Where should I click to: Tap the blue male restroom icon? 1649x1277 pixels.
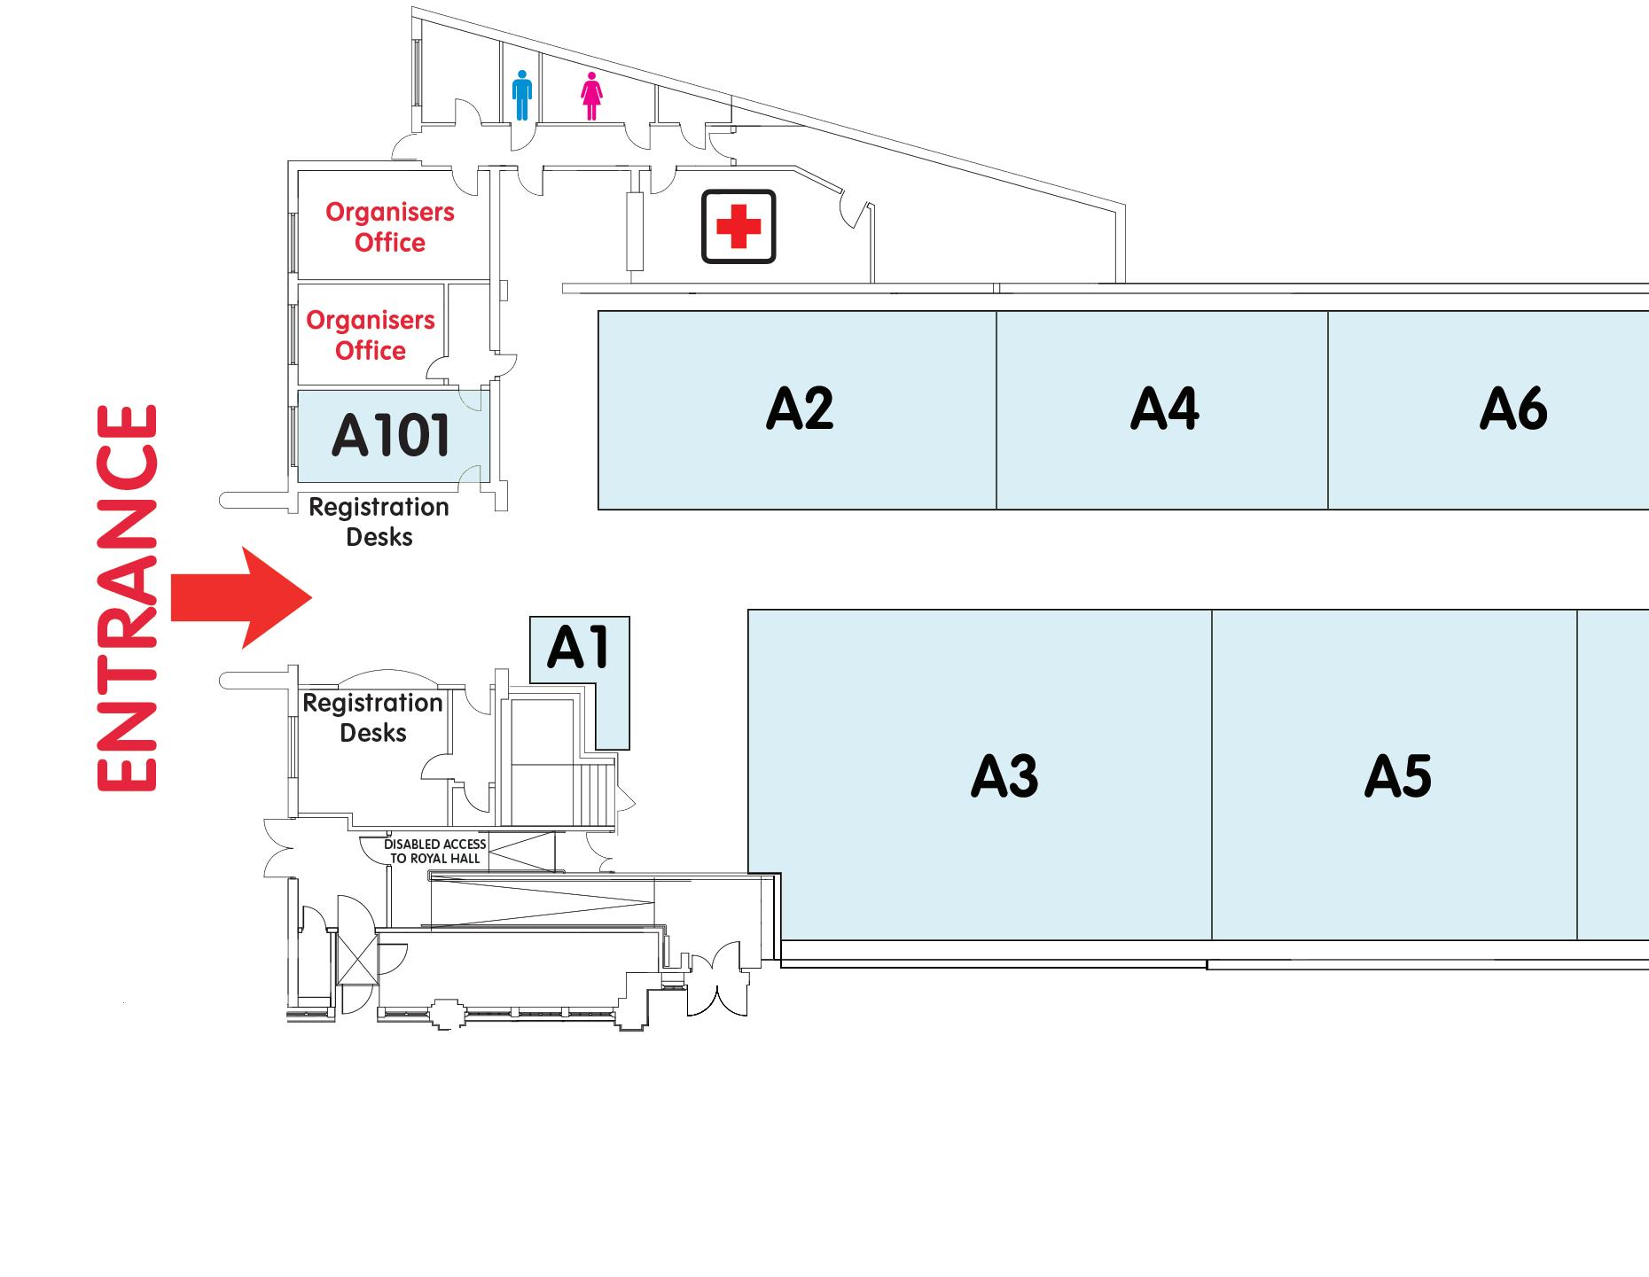(521, 96)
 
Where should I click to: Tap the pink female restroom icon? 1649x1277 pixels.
(591, 96)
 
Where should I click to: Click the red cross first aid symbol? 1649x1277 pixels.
(739, 227)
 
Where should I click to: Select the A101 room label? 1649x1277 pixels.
(391, 436)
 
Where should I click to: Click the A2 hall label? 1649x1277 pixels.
(799, 409)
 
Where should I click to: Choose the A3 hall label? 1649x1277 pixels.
(1004, 776)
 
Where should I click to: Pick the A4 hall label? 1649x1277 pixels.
(1164, 409)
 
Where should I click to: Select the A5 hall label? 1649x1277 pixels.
(1397, 776)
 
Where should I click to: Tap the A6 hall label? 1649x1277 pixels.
(1512, 409)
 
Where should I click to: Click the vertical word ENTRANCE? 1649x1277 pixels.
(127, 597)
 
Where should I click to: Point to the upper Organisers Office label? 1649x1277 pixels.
(390, 227)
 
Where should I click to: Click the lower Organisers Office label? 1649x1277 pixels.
(371, 335)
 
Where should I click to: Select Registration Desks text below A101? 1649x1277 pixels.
(379, 522)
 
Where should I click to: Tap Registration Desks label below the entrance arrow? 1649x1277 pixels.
(373, 718)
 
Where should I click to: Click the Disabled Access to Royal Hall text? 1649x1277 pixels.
(434, 851)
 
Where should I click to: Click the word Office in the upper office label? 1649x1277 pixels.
(390, 243)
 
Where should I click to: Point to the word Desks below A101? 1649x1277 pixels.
(379, 537)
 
